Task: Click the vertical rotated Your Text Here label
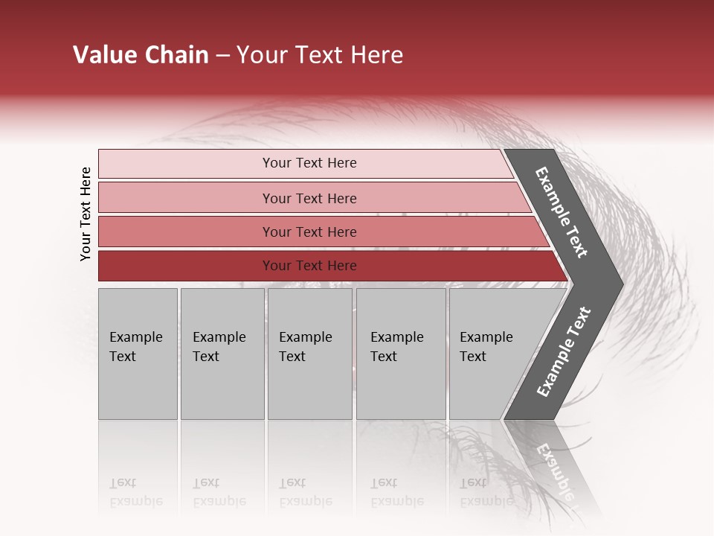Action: tap(86, 214)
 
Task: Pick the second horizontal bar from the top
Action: tap(309, 198)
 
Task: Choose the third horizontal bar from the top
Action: tap(309, 232)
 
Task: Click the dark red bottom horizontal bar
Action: tap(309, 266)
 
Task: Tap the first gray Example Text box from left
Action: tap(138, 354)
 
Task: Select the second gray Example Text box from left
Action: tap(222, 354)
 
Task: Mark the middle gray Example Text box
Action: tap(309, 354)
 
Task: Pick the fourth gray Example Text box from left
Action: tap(401, 354)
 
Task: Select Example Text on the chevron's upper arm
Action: tap(562, 212)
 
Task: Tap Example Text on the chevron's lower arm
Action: tap(563, 352)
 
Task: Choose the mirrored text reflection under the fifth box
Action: tap(485, 493)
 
